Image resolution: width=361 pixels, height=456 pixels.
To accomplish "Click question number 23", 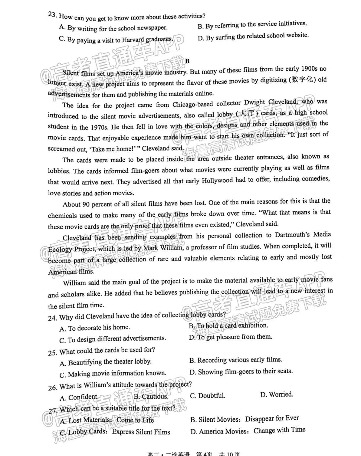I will [52, 15].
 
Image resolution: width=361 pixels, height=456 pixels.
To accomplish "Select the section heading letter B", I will [187, 61].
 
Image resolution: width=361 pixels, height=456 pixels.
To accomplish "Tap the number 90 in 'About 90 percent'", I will [85, 204].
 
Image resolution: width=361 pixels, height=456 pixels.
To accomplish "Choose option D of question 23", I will [253, 36].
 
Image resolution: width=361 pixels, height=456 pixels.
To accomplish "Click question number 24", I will [52, 318].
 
